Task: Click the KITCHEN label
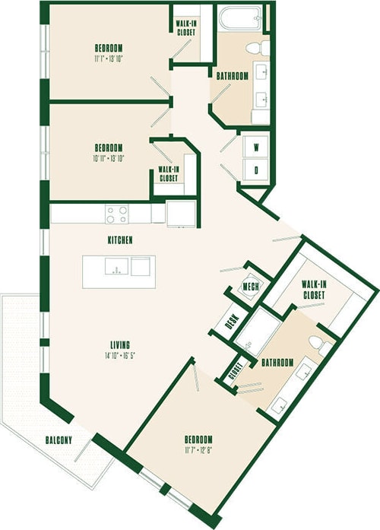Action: coord(120,240)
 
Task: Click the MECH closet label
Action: coord(250,286)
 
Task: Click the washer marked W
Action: coord(255,147)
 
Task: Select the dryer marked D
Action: coord(255,170)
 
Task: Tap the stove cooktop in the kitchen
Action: coord(116,214)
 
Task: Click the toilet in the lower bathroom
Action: coord(325,348)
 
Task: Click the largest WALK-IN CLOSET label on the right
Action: coord(312,289)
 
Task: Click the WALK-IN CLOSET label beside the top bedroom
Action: coord(186,27)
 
